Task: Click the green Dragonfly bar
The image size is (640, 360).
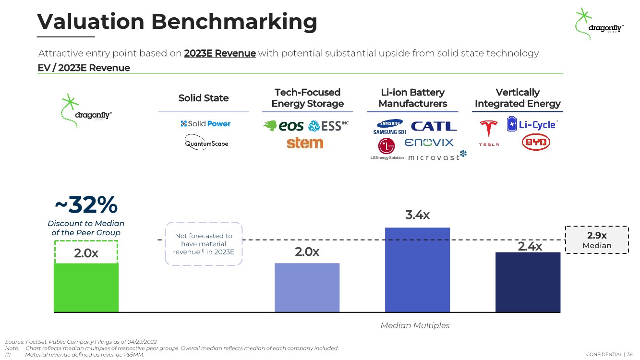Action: tap(86, 288)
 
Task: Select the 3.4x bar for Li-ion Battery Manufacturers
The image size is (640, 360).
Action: tap(417, 270)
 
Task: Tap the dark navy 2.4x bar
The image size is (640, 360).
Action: tap(528, 282)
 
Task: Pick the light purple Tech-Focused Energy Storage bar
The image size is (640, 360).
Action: tap(307, 288)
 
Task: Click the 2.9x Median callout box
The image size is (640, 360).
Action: tap(597, 240)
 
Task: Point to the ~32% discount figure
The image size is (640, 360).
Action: tap(86, 204)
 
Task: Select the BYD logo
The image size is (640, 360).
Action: tap(536, 142)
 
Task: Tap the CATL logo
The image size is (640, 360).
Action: tap(434, 126)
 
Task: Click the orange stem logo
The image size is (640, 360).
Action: tap(305, 143)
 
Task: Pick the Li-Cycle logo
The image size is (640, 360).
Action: tap(532, 124)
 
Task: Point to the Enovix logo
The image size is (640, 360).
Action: tap(429, 142)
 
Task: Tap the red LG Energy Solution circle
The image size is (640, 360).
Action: tap(386, 146)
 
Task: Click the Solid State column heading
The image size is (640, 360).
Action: tap(204, 98)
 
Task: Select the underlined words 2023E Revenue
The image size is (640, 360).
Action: tap(220, 53)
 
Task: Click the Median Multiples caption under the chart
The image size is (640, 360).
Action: tap(415, 325)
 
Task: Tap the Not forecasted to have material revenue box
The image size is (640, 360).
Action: tap(204, 244)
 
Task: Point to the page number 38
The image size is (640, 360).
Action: tap(630, 354)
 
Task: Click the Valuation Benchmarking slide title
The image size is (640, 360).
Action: tap(177, 22)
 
